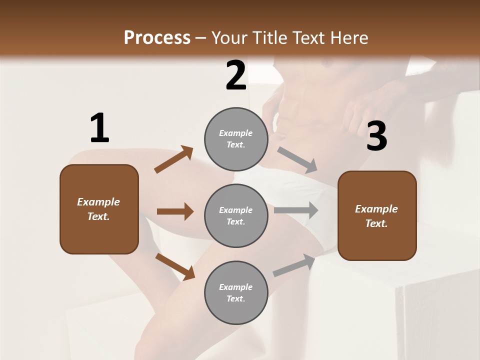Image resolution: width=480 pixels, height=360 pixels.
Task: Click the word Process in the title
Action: click(157, 37)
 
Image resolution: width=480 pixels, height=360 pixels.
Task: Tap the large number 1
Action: click(99, 128)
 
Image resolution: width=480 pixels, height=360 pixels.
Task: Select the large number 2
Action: click(236, 75)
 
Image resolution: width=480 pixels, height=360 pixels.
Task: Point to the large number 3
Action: click(376, 137)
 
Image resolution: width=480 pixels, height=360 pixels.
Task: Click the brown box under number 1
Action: click(99, 209)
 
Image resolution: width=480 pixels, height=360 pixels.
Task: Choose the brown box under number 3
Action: click(377, 216)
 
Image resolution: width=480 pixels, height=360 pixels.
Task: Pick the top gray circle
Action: click(236, 139)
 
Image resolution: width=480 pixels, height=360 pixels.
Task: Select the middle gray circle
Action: click(236, 215)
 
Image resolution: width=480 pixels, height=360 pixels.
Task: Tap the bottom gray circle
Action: click(236, 292)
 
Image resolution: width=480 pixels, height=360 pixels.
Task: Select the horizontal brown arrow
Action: click(175, 211)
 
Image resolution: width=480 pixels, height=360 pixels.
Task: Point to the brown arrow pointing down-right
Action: click(175, 266)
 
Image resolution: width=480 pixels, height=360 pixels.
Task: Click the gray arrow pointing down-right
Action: click(297, 160)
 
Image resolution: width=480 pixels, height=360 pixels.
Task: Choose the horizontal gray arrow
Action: click(296, 210)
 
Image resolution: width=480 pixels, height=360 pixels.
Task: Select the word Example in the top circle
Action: click(235, 133)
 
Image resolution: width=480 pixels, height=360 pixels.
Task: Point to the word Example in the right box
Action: click(376, 209)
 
